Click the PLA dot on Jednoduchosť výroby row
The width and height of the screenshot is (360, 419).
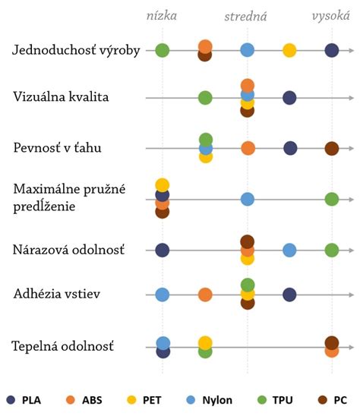[x=331, y=50]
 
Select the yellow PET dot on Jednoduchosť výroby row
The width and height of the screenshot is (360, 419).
[x=289, y=50]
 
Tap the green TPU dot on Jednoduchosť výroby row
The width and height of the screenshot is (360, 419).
[x=162, y=50]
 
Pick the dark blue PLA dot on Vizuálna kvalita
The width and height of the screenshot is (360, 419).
[x=289, y=97]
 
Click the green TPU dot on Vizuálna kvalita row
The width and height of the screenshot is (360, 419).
[x=205, y=97]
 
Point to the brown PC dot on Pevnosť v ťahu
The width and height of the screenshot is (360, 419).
[x=331, y=148]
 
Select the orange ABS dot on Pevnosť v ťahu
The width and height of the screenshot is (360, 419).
[x=248, y=148]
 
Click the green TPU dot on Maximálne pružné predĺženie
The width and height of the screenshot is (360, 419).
[x=331, y=199]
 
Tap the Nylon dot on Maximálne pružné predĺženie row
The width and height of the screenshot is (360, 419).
[x=248, y=199]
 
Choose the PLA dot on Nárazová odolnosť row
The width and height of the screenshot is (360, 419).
[x=162, y=250]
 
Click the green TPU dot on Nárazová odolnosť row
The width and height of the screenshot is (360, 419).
[x=331, y=250]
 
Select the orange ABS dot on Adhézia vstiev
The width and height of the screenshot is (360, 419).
[x=205, y=295]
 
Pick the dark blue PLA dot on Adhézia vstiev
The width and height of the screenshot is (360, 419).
[x=289, y=295]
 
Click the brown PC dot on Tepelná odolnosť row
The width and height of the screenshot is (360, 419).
[x=332, y=342]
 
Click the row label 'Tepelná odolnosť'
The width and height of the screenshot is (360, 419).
[x=63, y=347]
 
